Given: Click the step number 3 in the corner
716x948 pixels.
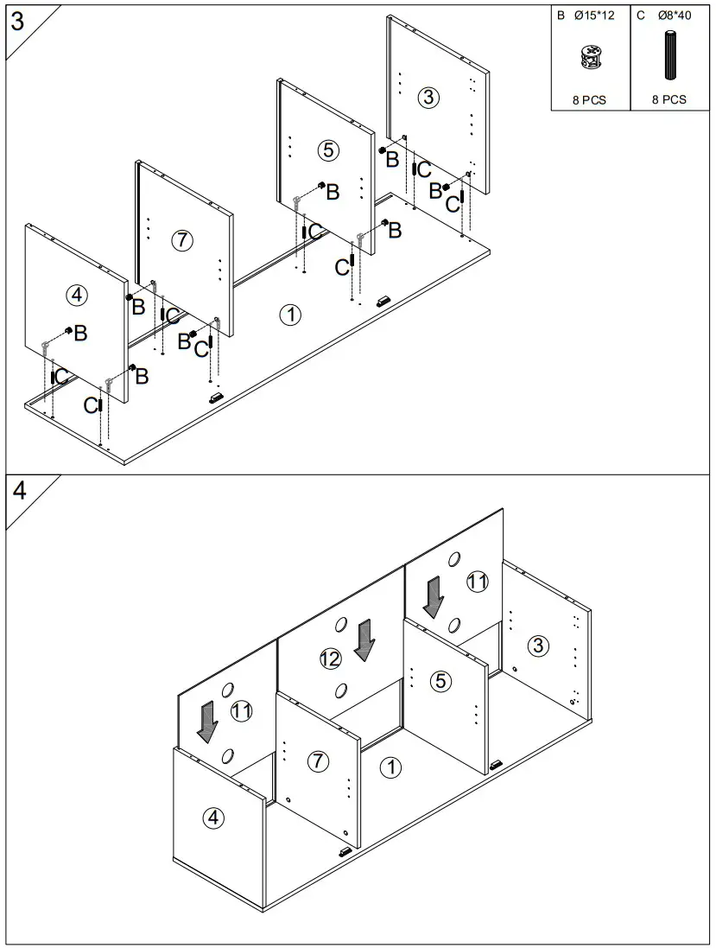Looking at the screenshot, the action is [18, 21].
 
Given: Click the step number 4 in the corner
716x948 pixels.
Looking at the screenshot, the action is [19, 491].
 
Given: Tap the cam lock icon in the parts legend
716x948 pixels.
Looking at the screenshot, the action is [590, 57].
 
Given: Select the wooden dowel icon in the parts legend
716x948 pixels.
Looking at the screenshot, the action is [669, 55].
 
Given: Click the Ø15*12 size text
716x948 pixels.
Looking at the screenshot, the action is [594, 16].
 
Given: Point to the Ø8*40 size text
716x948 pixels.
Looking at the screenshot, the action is [675, 16].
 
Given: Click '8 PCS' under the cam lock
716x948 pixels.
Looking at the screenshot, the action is [589, 99].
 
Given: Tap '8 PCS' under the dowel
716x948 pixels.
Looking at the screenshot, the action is [668, 99].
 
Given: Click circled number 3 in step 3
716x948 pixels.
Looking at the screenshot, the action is [428, 98].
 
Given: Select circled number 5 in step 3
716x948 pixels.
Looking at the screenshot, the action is [328, 150].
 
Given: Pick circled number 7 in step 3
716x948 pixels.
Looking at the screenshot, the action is [182, 240].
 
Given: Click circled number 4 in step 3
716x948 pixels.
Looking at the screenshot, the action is [76, 295].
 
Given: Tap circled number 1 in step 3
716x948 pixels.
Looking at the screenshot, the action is [290, 315].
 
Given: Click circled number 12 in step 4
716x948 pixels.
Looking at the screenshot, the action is [330, 659].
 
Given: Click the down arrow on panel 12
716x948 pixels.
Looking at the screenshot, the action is [364, 639].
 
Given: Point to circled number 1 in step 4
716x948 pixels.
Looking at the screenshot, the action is [391, 768].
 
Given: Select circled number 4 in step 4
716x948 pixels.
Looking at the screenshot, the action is [212, 818].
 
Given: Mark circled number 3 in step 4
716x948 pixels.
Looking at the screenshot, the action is [538, 646].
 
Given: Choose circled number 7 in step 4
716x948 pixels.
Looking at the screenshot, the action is [319, 760].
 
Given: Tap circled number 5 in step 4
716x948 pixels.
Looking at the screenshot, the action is [440, 681].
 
